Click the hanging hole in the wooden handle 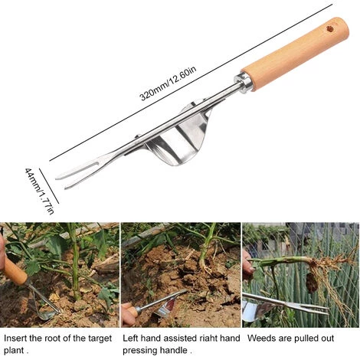pyautogui.click(x=331, y=29)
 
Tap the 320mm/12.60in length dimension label pyautogui.click(x=169, y=83)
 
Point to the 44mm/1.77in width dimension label pyautogui.click(x=40, y=191)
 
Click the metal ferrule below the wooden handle pyautogui.click(x=244, y=82)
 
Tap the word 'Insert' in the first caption pyautogui.click(x=15, y=339)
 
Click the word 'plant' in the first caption pyautogui.click(x=14, y=351)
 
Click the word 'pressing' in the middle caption pyautogui.click(x=139, y=351)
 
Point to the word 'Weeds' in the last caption pyautogui.click(x=261, y=339)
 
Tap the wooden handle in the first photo pyautogui.click(x=15, y=271)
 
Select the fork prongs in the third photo pyautogui.click(x=306, y=307)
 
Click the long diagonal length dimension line pyautogui.click(x=191, y=83)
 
